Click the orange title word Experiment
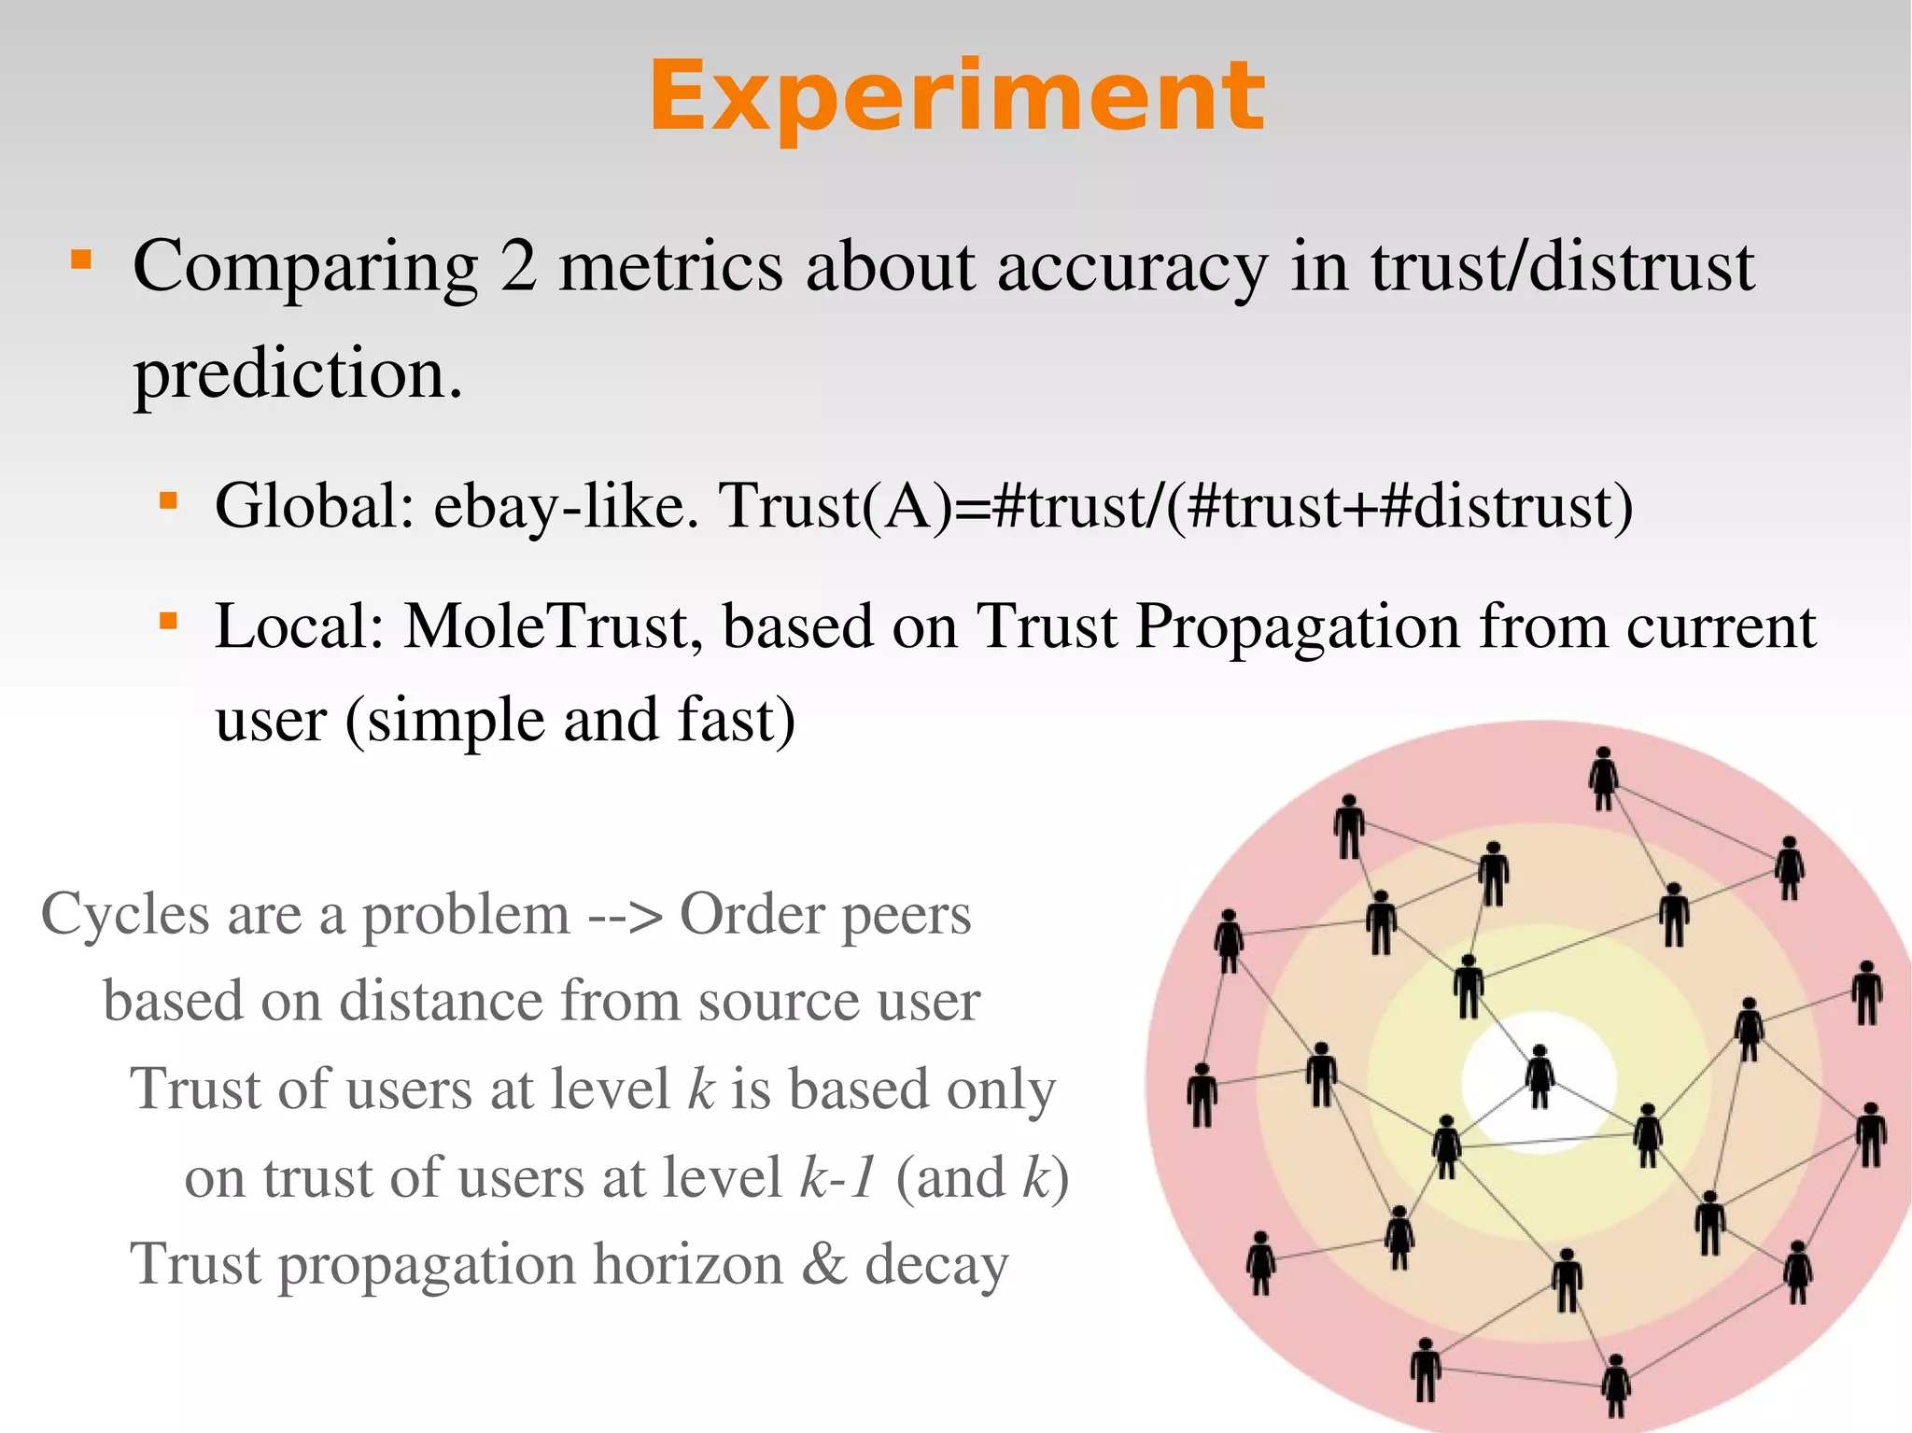point(956,96)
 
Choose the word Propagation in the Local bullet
point(1298,627)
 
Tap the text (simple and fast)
point(570,721)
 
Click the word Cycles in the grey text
point(125,914)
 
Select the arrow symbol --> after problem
point(626,916)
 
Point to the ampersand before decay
point(824,1265)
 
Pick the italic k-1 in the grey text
point(838,1178)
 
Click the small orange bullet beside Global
point(168,502)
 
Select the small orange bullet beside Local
point(168,621)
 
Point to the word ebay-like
point(566,508)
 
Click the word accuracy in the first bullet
point(1132,269)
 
